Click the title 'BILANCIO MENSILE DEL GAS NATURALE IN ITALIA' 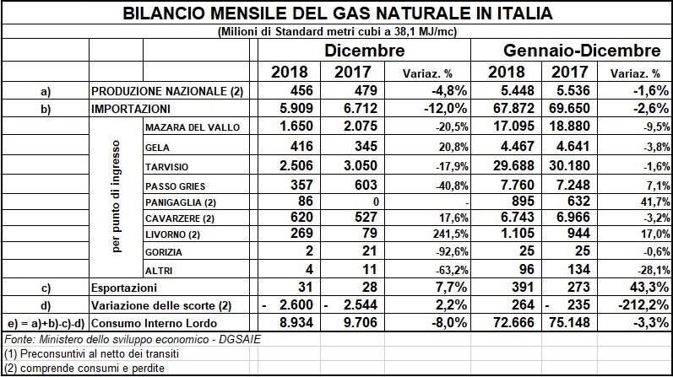tap(336, 14)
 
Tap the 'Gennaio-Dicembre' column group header tap(583, 51)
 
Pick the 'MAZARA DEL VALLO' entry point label tap(193, 127)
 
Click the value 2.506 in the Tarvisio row tap(290, 164)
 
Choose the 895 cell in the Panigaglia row tap(512, 202)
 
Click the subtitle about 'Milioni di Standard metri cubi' tap(336, 31)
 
